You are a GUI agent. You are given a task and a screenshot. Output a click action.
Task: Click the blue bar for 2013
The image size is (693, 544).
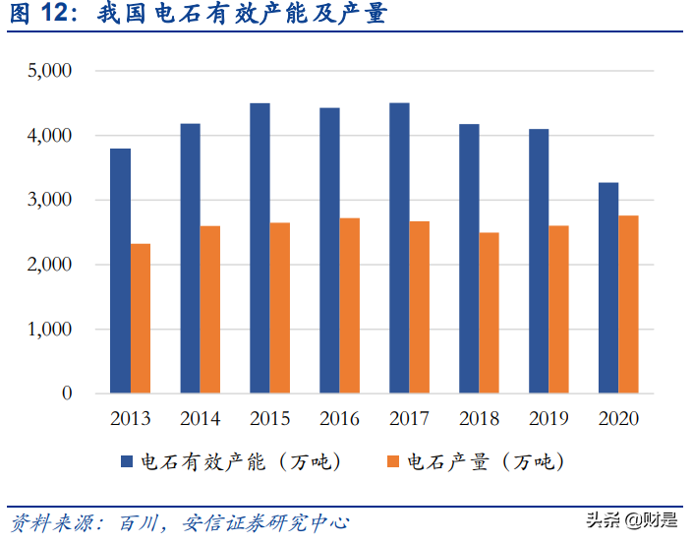(120, 271)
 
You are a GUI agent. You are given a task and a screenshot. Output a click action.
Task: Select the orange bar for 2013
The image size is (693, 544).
(141, 319)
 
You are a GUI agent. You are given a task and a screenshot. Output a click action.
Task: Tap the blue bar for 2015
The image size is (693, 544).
(260, 248)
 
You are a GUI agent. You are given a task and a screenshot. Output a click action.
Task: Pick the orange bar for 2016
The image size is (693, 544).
(350, 306)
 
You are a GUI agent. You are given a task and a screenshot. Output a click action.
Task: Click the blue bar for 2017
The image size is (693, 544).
(399, 248)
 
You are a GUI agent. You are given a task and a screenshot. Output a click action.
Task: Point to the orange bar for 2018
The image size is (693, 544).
(490, 313)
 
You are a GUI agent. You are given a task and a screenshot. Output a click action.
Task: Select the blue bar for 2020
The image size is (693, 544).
(608, 288)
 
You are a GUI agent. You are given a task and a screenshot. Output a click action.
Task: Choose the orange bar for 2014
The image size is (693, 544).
(210, 310)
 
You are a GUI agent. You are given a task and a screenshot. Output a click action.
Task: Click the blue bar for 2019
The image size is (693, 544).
(539, 262)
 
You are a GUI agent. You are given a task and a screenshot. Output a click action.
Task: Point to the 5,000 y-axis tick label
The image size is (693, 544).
(51, 71)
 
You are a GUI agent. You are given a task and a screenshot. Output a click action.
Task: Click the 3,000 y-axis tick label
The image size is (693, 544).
(51, 200)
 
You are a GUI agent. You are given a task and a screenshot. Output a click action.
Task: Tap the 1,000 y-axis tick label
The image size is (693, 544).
(51, 330)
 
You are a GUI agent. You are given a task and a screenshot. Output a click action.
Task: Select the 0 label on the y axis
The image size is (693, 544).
(67, 393)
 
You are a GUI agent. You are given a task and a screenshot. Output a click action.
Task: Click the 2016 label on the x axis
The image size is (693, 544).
(340, 419)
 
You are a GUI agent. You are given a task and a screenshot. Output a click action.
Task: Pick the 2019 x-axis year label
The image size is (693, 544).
(549, 419)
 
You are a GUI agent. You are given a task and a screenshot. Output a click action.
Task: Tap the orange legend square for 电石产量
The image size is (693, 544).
(392, 462)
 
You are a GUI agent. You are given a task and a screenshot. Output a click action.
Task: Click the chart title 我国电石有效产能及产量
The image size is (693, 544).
(242, 16)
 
